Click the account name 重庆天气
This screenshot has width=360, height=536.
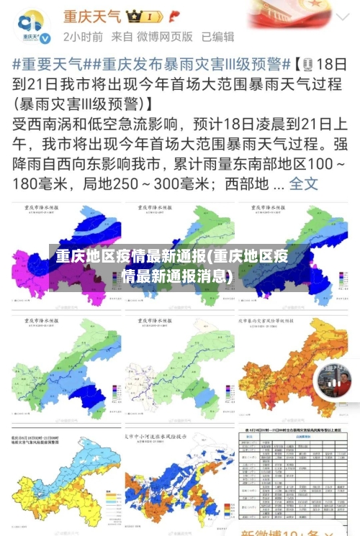92,15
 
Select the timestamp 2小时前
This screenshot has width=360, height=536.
82,36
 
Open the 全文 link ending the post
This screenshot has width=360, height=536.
303,183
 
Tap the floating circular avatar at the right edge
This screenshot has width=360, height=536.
333,382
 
